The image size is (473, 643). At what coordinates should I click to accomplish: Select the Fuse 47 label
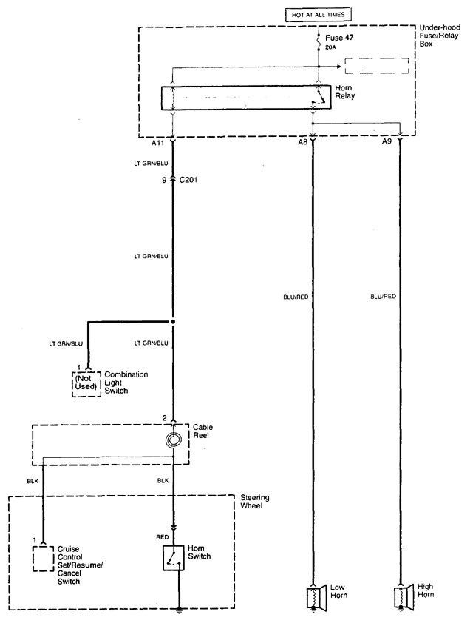[336, 35]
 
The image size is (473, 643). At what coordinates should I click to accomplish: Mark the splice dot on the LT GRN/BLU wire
[173, 323]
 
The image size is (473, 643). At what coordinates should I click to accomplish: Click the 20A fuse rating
[330, 47]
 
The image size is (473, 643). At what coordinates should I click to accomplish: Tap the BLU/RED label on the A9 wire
[382, 297]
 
